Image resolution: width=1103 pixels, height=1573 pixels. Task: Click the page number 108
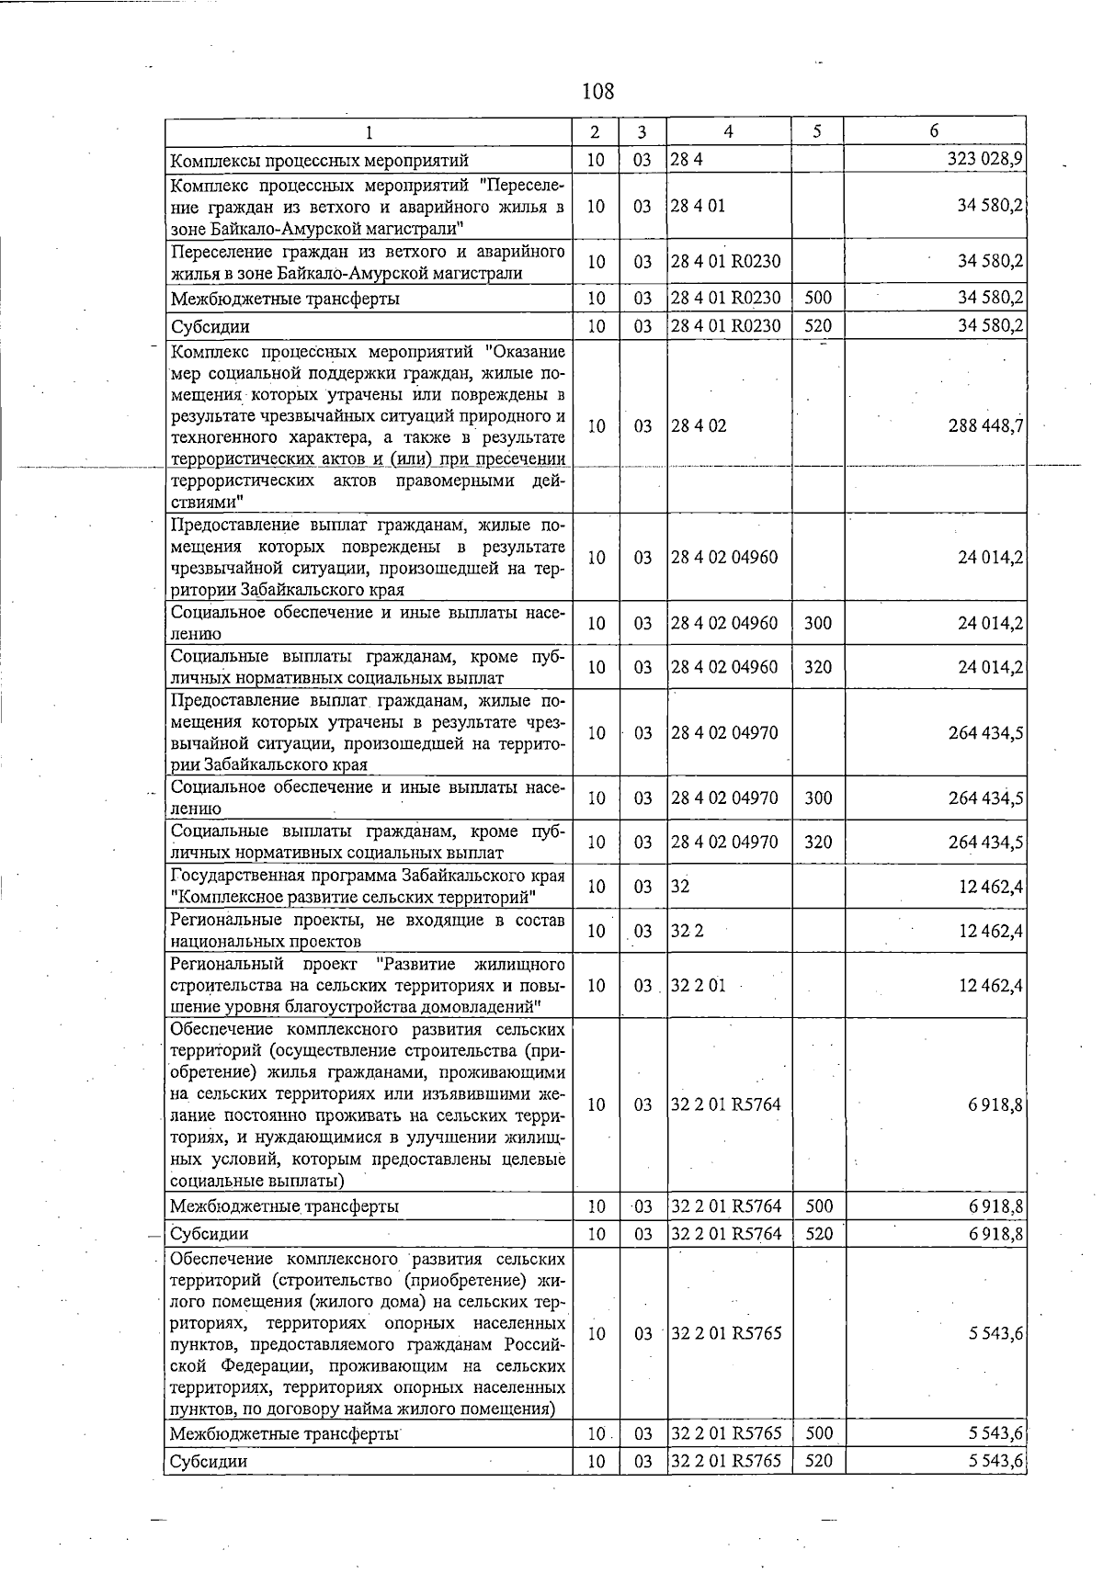597,91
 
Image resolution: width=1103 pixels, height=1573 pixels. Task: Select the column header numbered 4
728,131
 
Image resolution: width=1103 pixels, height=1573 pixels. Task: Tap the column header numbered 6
934,131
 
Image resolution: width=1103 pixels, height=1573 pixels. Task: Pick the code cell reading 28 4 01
698,206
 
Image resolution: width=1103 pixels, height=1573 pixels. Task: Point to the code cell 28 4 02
698,426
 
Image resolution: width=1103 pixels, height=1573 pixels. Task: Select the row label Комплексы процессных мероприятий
320,161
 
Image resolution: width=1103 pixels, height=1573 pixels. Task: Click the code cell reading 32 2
687,931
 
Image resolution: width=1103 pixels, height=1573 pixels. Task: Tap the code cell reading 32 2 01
698,986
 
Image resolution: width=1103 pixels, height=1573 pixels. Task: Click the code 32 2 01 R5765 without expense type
725,1333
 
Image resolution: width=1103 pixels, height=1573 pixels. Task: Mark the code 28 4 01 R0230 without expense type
725,262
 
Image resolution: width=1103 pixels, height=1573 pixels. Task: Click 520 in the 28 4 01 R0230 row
817,326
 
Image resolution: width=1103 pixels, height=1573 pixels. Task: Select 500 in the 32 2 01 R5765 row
817,1433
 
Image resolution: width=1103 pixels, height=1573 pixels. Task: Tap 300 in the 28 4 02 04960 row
817,623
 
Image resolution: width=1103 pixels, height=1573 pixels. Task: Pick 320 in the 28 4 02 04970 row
817,842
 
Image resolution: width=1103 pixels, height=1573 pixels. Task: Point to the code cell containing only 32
680,887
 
